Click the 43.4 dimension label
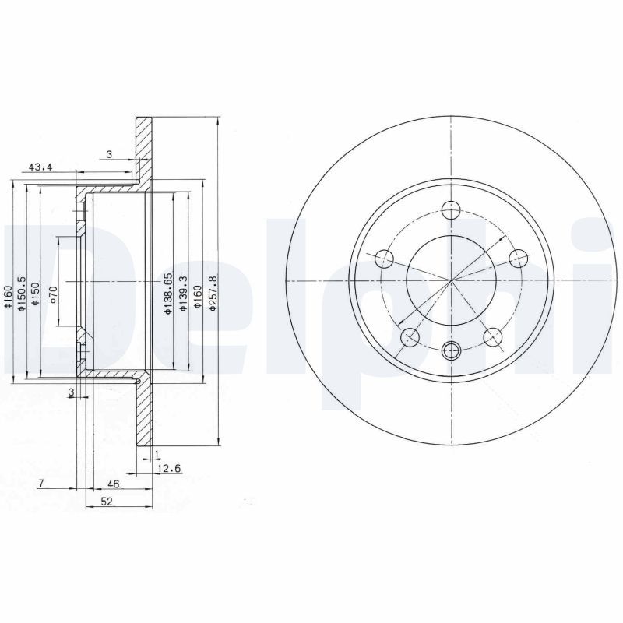click(40, 167)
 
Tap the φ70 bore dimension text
click(54, 295)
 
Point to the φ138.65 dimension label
click(168, 294)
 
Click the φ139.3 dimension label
click(183, 294)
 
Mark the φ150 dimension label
click(36, 294)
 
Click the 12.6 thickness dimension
click(169, 470)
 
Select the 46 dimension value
click(113, 484)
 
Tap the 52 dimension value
click(107, 502)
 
